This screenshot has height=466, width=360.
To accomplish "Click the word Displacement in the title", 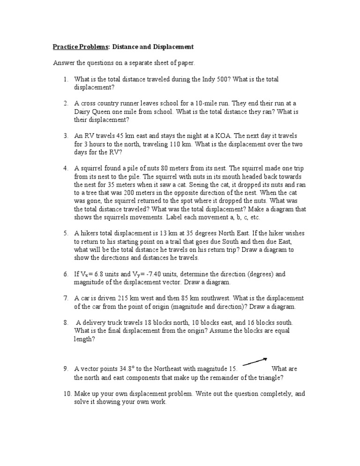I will click(x=172, y=47).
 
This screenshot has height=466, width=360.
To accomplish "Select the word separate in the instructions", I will click(x=144, y=63).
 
